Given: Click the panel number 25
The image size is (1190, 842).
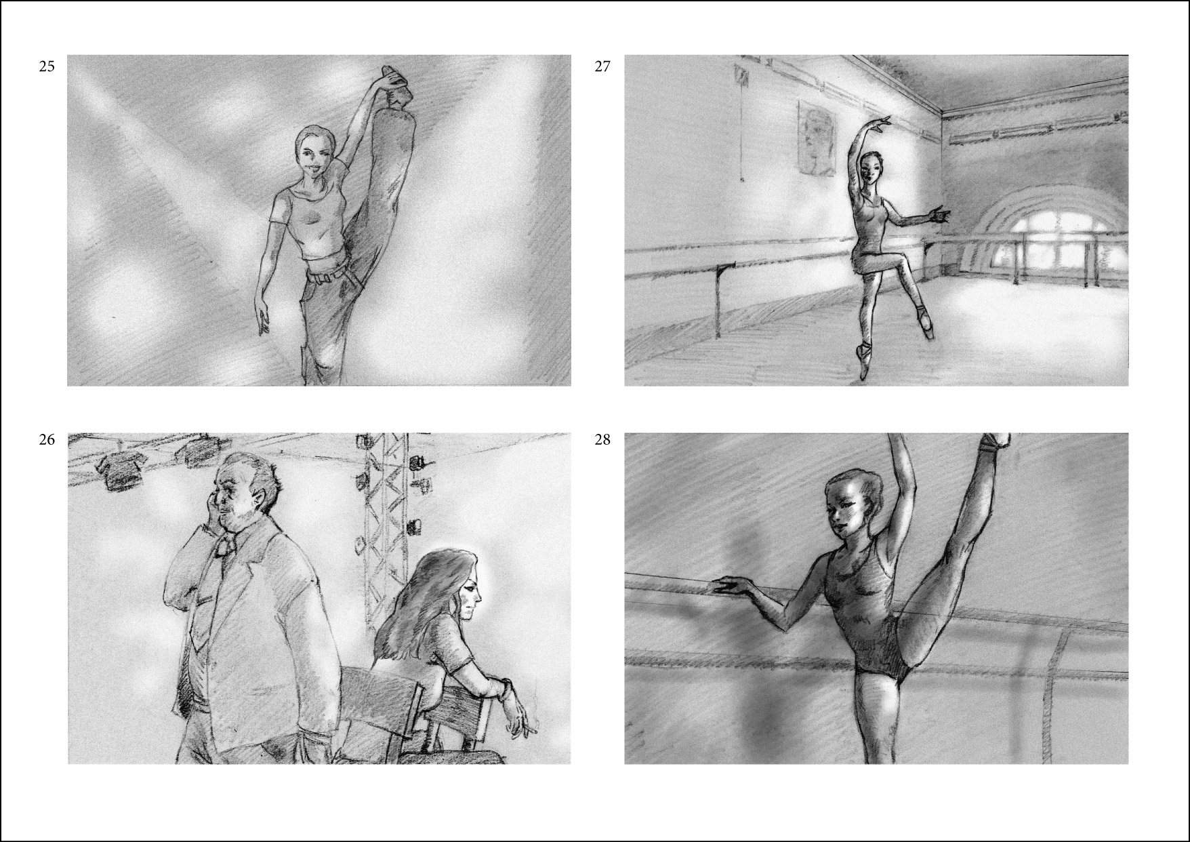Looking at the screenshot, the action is [47, 66].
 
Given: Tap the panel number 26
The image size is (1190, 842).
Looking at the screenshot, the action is [47, 439].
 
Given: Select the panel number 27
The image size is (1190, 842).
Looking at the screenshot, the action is [602, 66].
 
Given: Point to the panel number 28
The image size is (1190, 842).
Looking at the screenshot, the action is [602, 439].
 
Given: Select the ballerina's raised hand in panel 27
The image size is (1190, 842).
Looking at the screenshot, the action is [882, 122].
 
